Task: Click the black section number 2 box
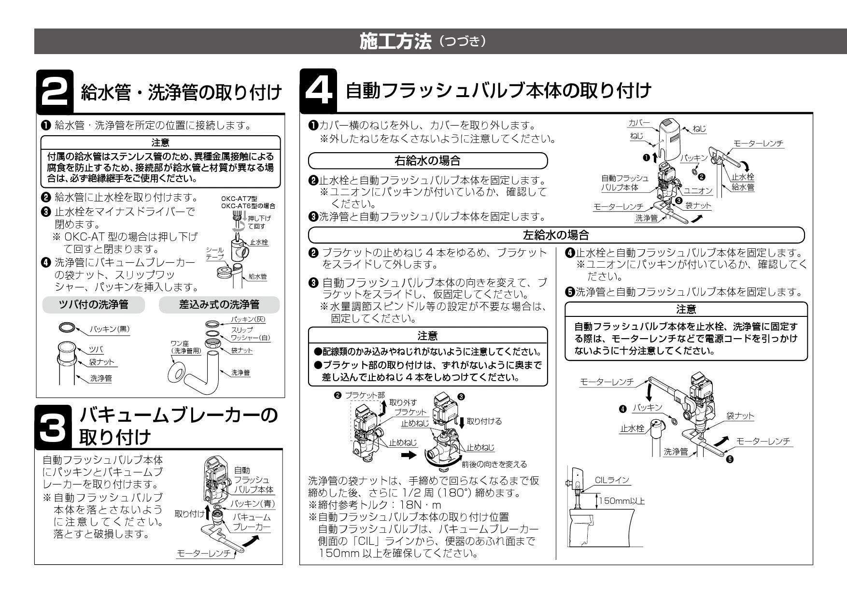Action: [56, 90]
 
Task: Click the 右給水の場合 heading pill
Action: [428, 160]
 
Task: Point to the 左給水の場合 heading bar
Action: [556, 235]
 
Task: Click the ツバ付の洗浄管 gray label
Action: [94, 304]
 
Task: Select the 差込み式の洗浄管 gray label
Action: [219, 304]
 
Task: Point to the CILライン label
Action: [612, 480]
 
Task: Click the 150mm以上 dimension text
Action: [622, 501]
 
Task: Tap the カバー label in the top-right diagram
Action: [639, 124]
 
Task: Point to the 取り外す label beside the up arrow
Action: [406, 402]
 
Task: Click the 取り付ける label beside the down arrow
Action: [484, 421]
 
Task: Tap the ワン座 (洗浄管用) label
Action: [186, 347]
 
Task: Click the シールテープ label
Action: [215, 253]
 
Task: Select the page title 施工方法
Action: [395, 42]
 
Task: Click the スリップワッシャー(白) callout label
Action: [250, 333]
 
